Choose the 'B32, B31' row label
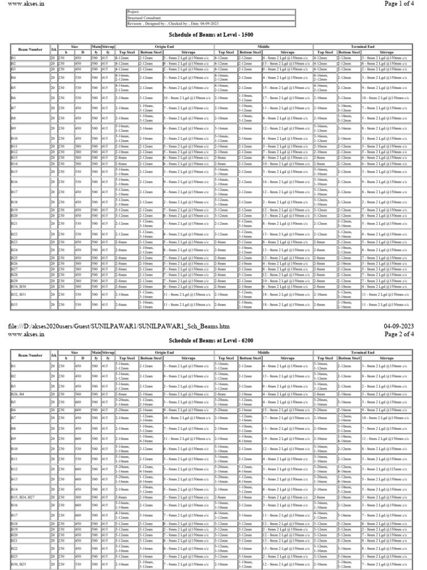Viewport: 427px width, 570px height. tap(19, 294)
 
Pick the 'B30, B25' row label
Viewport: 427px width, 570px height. tap(19, 565)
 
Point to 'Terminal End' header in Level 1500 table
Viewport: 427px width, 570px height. tap(361, 47)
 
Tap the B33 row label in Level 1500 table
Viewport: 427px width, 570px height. tap(14, 304)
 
